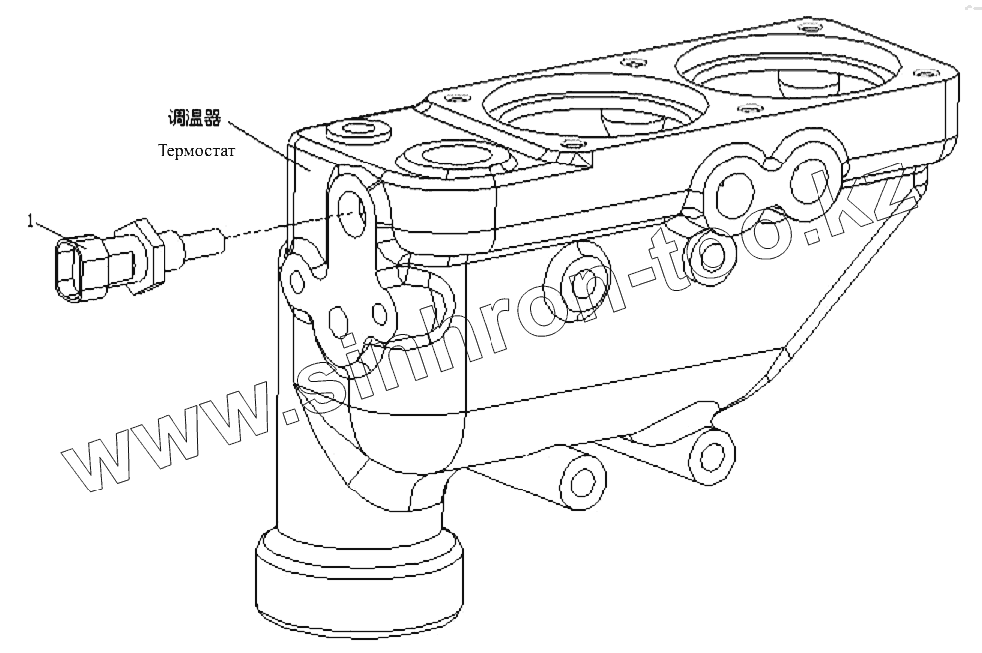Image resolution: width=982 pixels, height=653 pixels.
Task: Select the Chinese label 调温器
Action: click(x=193, y=118)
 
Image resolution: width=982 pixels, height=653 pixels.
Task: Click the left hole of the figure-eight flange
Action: click(x=737, y=190)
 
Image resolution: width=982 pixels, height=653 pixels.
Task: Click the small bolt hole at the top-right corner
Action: click(x=932, y=75)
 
